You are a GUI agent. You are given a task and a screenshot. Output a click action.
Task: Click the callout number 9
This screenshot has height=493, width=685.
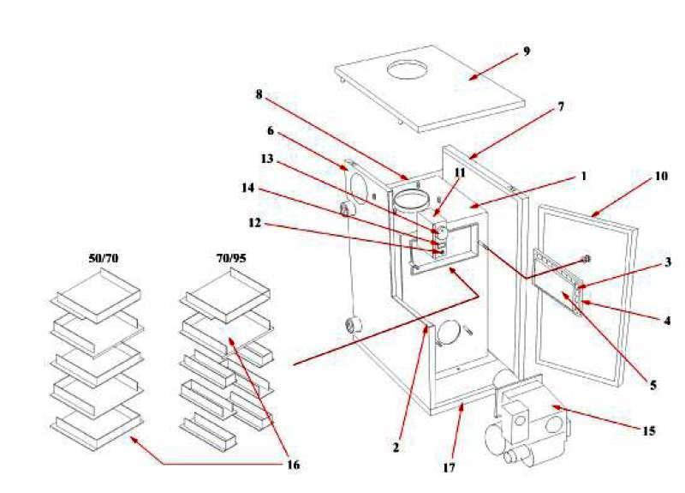[527, 51]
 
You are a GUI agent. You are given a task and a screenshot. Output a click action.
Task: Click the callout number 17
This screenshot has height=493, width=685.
[450, 468]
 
